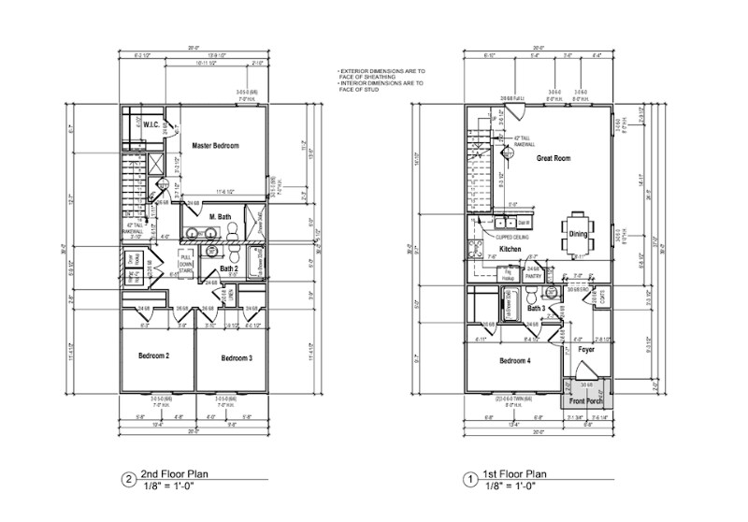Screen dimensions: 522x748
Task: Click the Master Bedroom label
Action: pyautogui.click(x=216, y=147)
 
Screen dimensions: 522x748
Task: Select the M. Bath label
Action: pyautogui.click(x=221, y=217)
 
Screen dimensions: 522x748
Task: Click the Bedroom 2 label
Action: pyautogui.click(x=154, y=357)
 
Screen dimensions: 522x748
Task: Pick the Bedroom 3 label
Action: pyautogui.click(x=237, y=358)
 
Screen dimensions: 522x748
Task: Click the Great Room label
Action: pyautogui.click(x=554, y=159)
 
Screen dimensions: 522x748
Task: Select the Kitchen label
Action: pyautogui.click(x=510, y=250)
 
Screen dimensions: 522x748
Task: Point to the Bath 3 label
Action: pyautogui.click(x=536, y=308)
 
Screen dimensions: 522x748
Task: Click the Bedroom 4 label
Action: pyautogui.click(x=514, y=361)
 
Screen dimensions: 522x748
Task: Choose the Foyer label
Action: pyautogui.click(x=587, y=349)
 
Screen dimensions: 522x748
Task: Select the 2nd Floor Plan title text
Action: pyautogui.click(x=175, y=475)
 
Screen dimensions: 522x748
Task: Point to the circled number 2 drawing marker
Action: pyautogui.click(x=127, y=481)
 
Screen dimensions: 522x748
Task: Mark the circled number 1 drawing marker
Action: pyautogui.click(x=468, y=481)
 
